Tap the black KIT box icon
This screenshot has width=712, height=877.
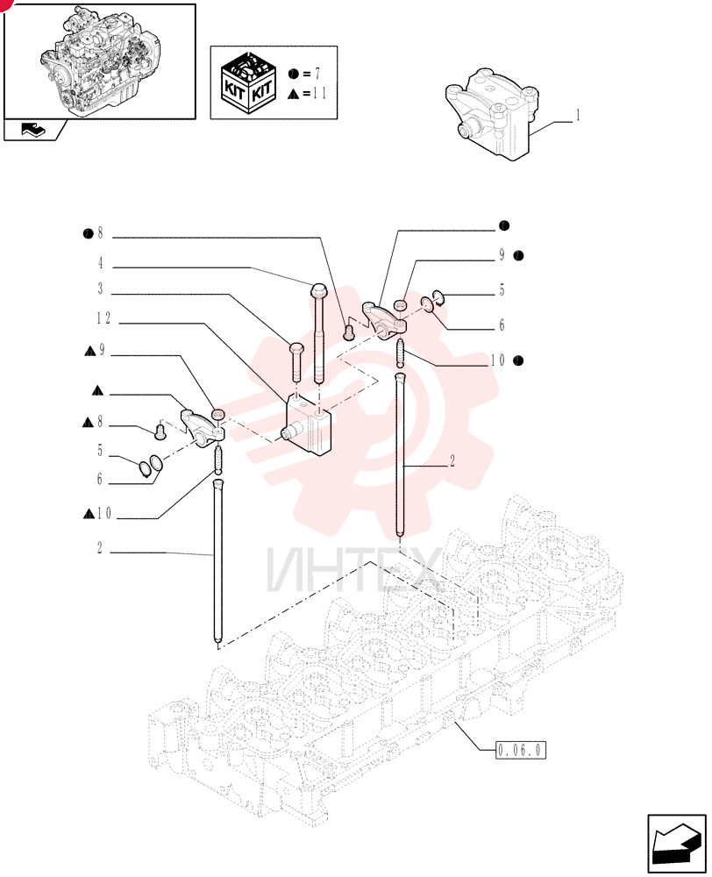249,82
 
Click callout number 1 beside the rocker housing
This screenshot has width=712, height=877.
578,116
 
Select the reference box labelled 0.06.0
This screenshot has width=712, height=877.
521,750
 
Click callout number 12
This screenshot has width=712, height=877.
103,318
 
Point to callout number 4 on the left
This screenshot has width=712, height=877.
101,263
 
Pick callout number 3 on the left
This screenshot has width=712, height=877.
101,289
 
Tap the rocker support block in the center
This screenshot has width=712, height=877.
307,424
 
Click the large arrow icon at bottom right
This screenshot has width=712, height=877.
677,843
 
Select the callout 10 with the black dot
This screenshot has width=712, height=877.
507,360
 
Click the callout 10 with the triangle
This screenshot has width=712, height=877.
97,513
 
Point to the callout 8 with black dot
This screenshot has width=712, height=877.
94,233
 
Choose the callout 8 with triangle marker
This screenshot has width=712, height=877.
93,422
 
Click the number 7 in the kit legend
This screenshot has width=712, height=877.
317,74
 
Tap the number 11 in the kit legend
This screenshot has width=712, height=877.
319,93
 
